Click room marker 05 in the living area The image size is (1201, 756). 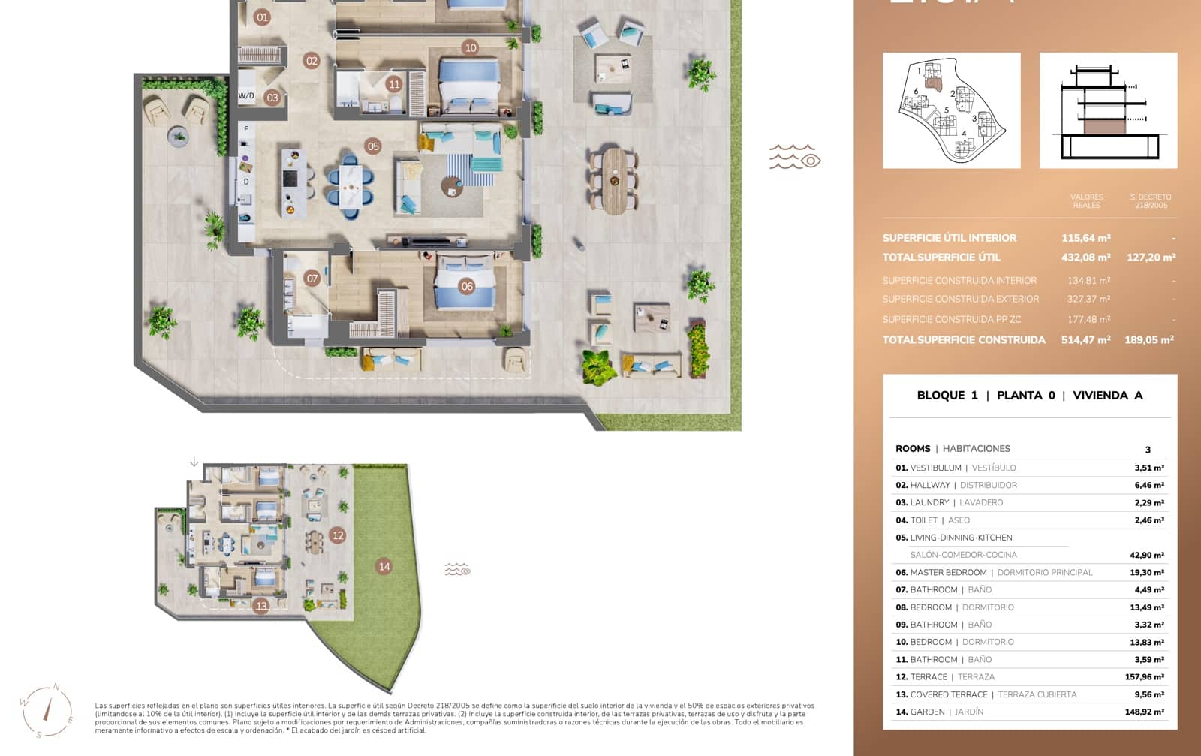click(373, 146)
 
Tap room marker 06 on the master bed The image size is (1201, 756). click(467, 286)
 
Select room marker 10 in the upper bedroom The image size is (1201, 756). click(471, 47)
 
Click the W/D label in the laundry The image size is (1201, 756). click(246, 96)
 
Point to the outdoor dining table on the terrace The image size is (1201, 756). click(614, 180)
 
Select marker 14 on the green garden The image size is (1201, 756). click(384, 566)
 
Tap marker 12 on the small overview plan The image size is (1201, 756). click(338, 535)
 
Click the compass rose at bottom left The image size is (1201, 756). click(47, 710)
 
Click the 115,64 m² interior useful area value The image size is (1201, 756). click(1085, 238)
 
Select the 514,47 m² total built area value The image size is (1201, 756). click(1085, 340)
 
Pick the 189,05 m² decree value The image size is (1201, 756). click(1148, 340)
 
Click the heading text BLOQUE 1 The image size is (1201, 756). click(947, 396)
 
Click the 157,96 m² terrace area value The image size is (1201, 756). click(1144, 677)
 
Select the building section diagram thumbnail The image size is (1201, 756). click(1108, 110)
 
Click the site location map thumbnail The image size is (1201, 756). click(951, 110)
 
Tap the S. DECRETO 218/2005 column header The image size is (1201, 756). click(1151, 201)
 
